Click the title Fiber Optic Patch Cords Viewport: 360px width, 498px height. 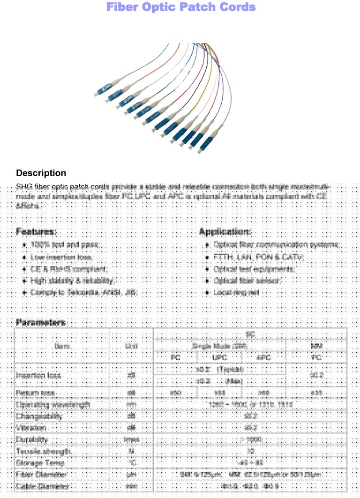tap(181, 7)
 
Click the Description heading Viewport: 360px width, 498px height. tap(41, 173)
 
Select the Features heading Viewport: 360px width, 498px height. tap(36, 231)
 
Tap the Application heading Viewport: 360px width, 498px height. tap(225, 231)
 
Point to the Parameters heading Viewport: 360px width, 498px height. tap(40, 322)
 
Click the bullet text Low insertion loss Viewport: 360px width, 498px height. tap(61, 257)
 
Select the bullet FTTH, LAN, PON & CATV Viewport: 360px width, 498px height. tap(259, 257)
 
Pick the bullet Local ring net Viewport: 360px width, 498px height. tap(236, 292)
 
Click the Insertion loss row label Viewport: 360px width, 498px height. tap(37, 375)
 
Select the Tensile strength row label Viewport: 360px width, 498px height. tap(44, 451)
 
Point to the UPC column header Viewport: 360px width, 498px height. tap(219, 357)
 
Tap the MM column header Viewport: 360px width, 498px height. tap(316, 346)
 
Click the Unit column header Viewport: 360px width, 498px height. tap(131, 346)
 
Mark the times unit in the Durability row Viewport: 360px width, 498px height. tap(131, 439)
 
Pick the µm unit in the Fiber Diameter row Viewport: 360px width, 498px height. tap(131, 475)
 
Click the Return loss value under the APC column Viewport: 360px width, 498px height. tap(263, 393)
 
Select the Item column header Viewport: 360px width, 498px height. tap(62, 346)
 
